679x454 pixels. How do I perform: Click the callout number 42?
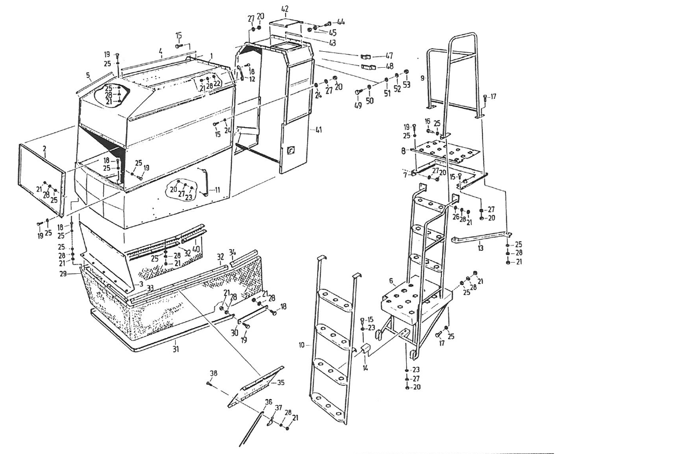click(x=285, y=9)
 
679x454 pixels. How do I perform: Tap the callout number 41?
click(x=319, y=129)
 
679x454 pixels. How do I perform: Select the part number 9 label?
click(x=423, y=78)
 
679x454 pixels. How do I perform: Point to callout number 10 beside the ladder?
click(x=302, y=345)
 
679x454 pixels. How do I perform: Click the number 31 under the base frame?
click(x=175, y=349)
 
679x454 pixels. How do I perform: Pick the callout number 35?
click(x=281, y=383)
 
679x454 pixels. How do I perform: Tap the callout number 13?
click(x=480, y=249)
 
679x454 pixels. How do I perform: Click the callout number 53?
click(x=406, y=85)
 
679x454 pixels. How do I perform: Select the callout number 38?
click(x=213, y=373)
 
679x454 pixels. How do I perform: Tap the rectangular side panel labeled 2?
click(x=41, y=171)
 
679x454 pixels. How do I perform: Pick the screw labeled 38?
click(x=210, y=383)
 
